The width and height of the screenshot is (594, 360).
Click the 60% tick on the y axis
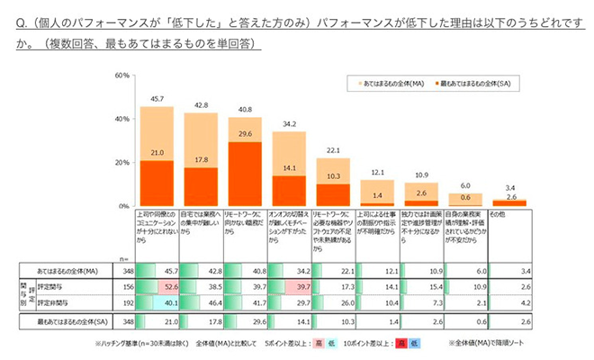tap(123, 76)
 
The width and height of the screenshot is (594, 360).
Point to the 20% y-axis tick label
tap(123, 163)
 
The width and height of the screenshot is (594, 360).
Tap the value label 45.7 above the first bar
tap(157, 99)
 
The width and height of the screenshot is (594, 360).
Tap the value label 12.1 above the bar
tap(376, 172)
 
